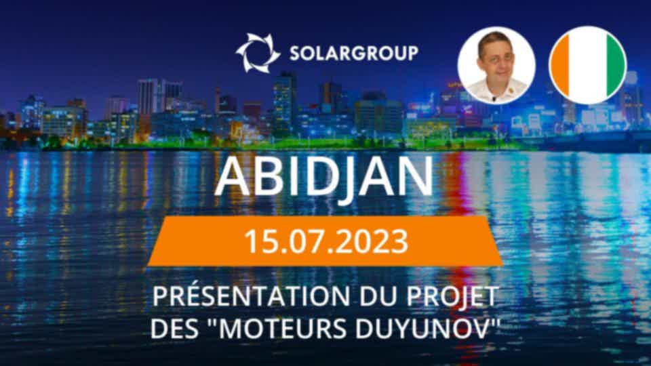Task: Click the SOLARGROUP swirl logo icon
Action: click(258, 53)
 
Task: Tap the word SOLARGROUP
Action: click(354, 53)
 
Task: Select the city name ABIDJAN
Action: click(324, 177)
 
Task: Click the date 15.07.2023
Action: click(326, 241)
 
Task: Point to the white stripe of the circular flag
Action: click(589, 65)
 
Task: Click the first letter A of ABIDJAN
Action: click(232, 177)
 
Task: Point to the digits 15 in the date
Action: click(258, 241)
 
